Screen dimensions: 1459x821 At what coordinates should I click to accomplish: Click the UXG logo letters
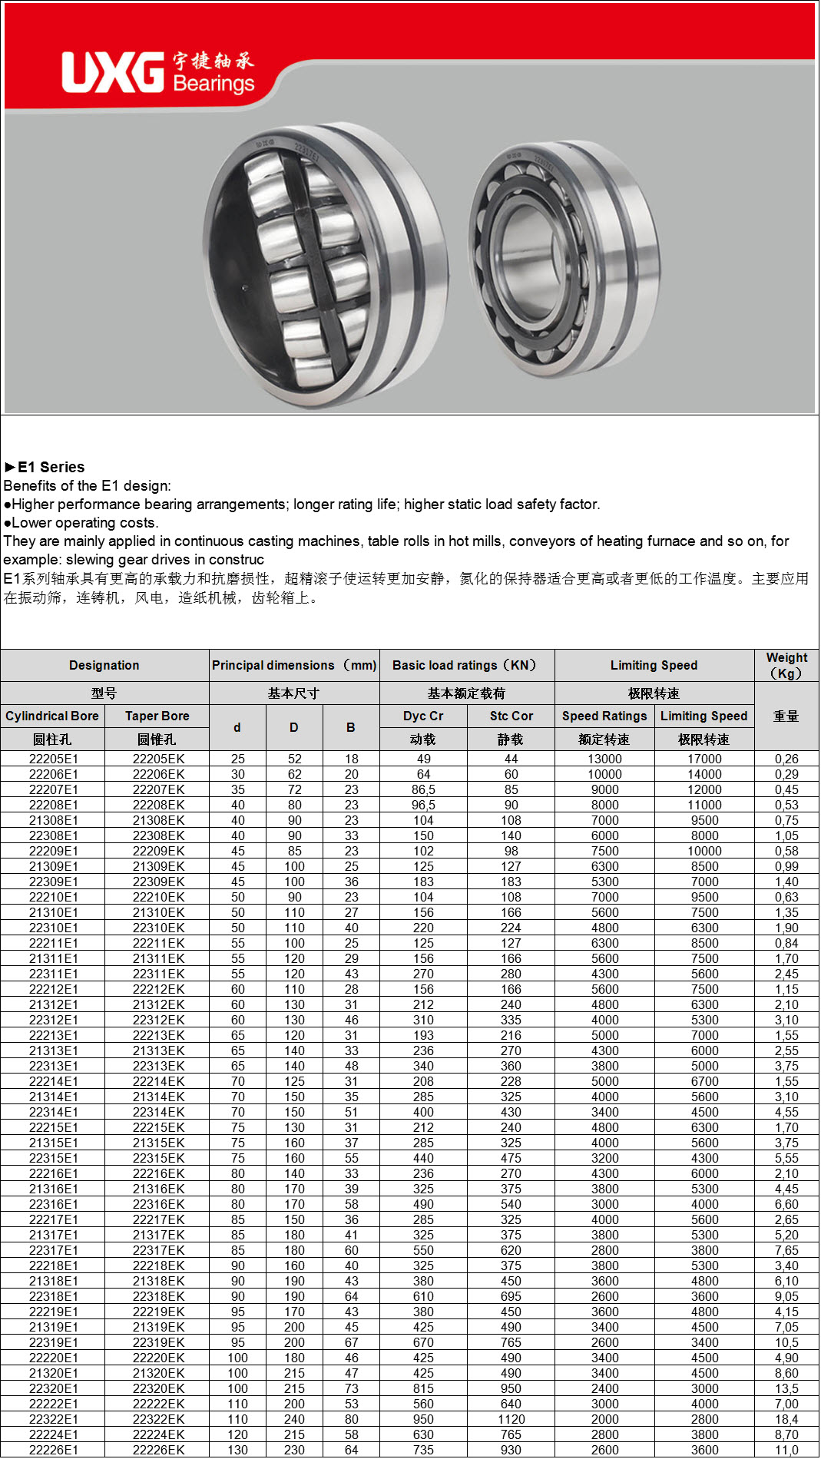click(x=113, y=73)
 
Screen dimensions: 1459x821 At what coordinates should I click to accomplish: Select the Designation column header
click(x=104, y=665)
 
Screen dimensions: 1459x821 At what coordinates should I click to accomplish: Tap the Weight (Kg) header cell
click(x=786, y=665)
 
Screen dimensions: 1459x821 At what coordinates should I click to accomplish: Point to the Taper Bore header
click(x=157, y=716)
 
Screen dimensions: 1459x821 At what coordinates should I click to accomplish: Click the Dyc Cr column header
click(x=423, y=716)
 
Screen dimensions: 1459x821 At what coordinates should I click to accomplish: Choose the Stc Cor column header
click(x=511, y=716)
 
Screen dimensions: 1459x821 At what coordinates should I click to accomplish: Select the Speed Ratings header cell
click(x=604, y=716)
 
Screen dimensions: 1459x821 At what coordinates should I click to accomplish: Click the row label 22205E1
click(x=54, y=759)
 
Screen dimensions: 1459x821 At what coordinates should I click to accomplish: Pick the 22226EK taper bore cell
click(x=158, y=1450)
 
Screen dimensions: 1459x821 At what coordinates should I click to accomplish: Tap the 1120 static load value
click(x=511, y=1419)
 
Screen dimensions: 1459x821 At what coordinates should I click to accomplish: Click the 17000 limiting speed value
click(x=704, y=759)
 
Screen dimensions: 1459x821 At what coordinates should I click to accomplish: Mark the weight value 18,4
click(x=786, y=1419)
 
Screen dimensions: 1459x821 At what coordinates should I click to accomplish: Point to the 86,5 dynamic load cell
click(x=423, y=789)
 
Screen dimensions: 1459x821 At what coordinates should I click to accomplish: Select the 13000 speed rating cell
click(x=604, y=759)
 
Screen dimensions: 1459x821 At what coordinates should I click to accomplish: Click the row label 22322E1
click(x=54, y=1419)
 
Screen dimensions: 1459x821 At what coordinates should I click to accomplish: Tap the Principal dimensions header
click(x=294, y=665)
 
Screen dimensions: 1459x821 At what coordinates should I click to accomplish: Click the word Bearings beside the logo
click(x=214, y=83)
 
